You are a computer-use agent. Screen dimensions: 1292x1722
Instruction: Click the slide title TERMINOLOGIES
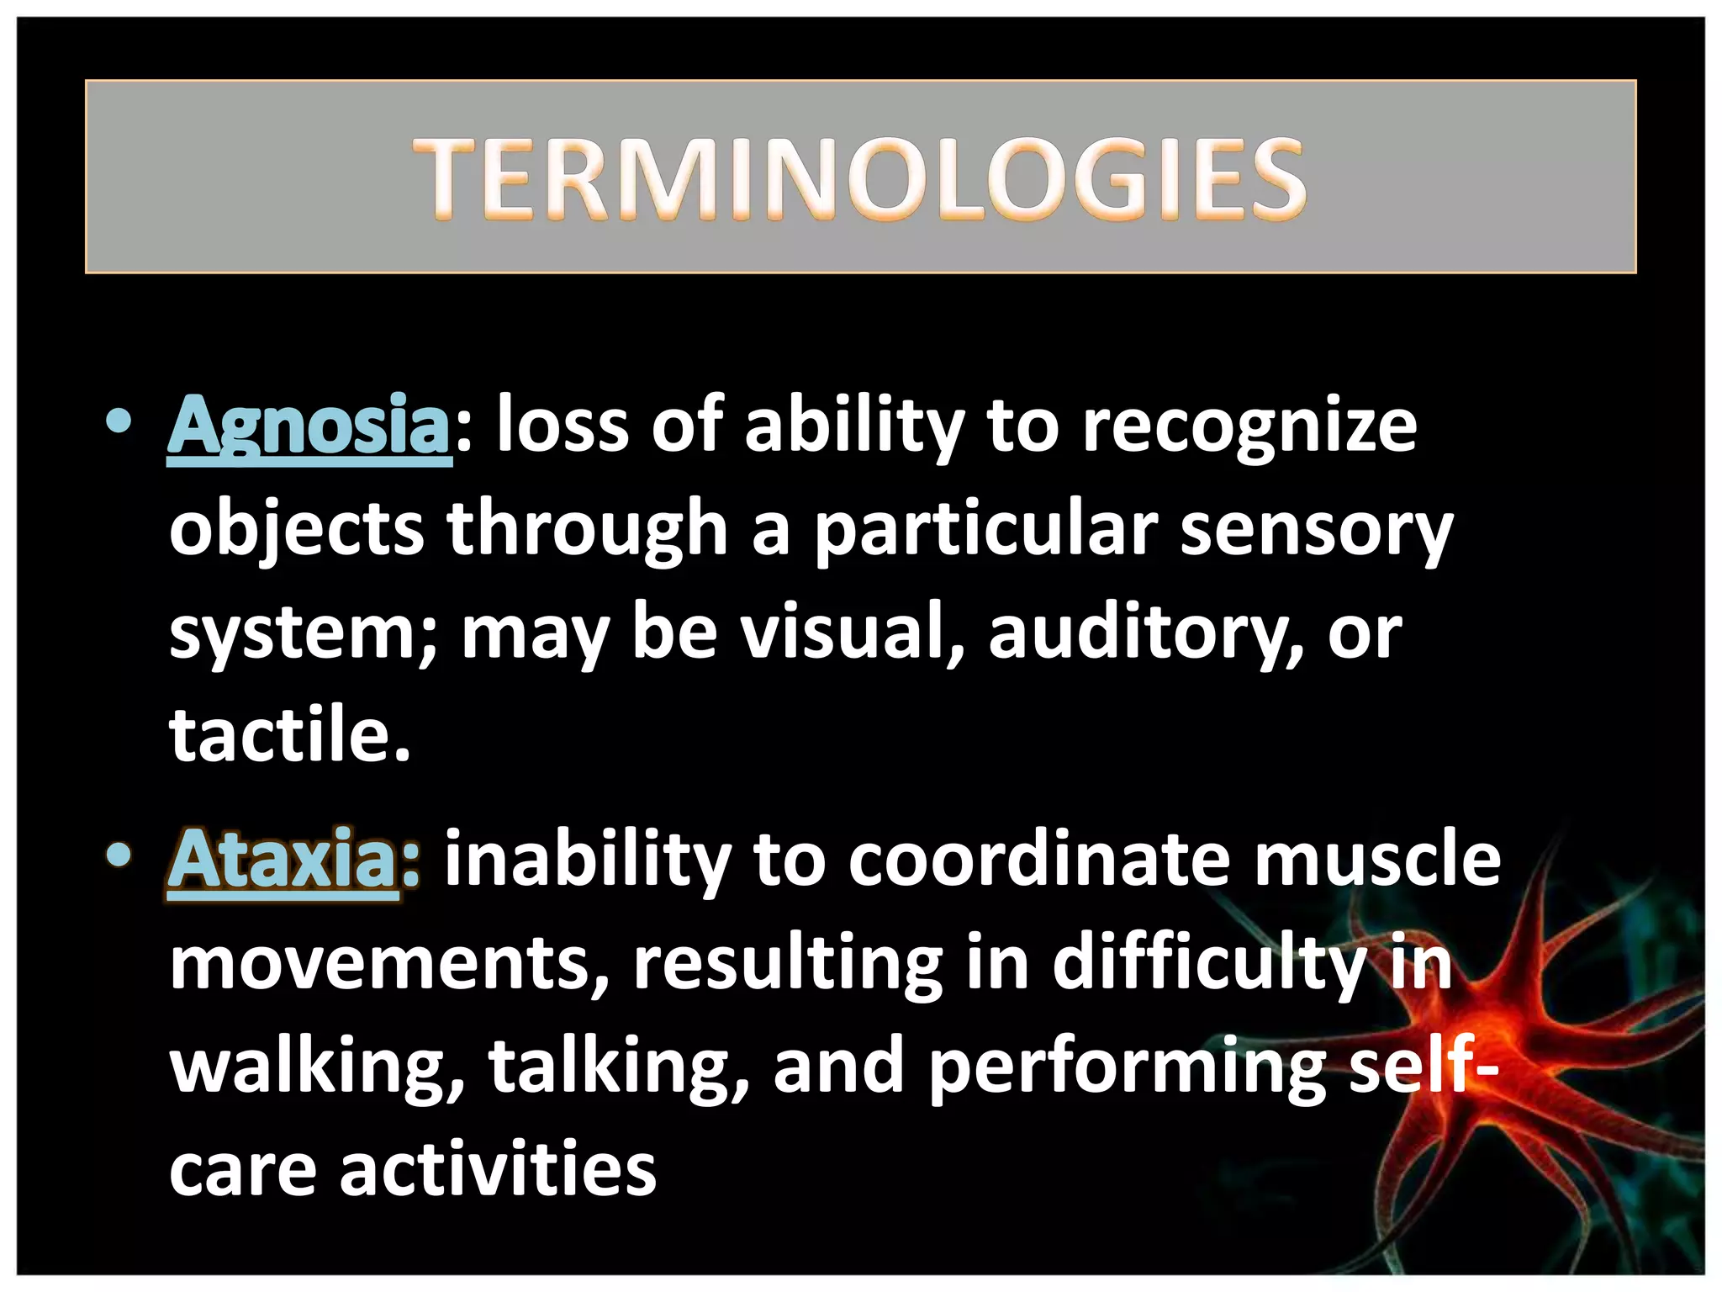click(x=859, y=178)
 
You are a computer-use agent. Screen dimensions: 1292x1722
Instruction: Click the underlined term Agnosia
click(x=309, y=426)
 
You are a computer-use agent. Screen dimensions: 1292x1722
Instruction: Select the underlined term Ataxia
click(x=283, y=860)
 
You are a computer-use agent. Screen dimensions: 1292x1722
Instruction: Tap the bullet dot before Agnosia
click(x=119, y=421)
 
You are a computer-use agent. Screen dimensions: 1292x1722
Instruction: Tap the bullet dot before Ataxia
click(x=119, y=855)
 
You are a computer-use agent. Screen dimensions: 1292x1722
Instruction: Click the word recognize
click(x=1249, y=426)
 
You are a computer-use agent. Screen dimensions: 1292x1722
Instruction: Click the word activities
click(x=498, y=1169)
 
